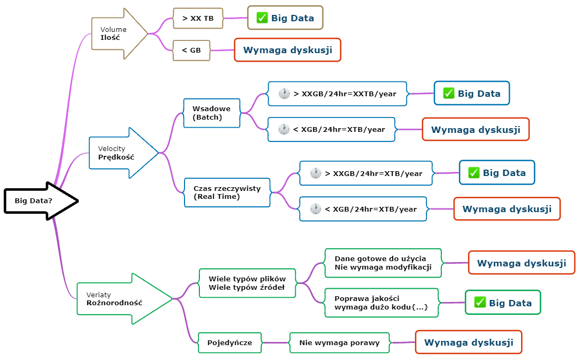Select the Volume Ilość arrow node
pyautogui.click(x=117, y=34)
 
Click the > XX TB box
pyautogui.click(x=197, y=18)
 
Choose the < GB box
pyautogui.click(x=191, y=50)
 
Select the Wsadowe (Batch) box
pyautogui.click(x=211, y=113)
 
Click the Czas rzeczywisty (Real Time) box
pyautogui.click(x=227, y=192)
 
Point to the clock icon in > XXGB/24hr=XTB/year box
pyautogui.click(x=316, y=173)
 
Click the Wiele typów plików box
pyautogui.click(x=247, y=283)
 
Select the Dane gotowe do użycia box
pyautogui.click(x=383, y=263)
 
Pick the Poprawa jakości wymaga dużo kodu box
pyautogui.click(x=381, y=303)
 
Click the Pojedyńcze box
pyautogui.click(x=230, y=342)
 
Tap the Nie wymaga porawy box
pyautogui.click(x=339, y=342)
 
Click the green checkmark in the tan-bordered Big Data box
pyautogui.click(x=262, y=18)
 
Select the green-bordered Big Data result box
pyautogui.click(x=502, y=303)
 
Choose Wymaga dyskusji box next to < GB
pyautogui.click(x=287, y=50)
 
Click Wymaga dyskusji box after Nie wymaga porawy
pyautogui.click(x=468, y=342)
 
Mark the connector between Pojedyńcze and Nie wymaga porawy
pyautogui.click(x=275, y=342)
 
